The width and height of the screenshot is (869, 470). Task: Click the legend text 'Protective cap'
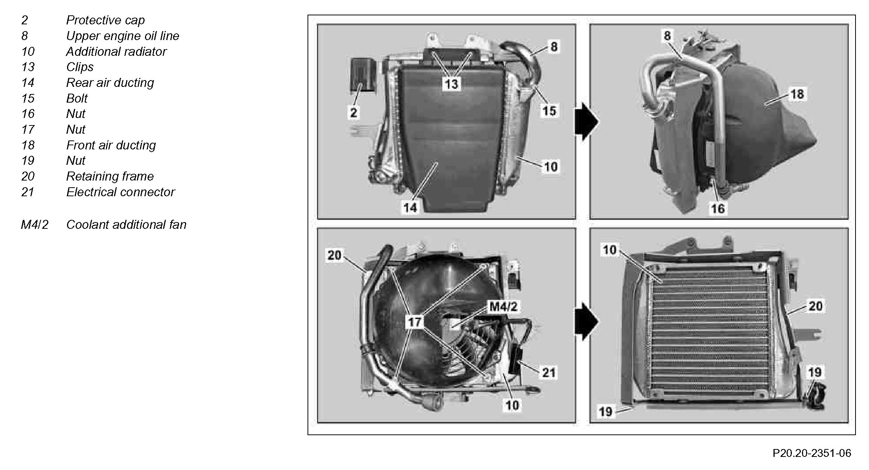[x=105, y=20]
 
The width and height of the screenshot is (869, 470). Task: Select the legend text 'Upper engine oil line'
[x=122, y=36]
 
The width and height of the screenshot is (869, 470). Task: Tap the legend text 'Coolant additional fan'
[x=126, y=225]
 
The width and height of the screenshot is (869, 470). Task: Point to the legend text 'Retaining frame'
[x=110, y=176]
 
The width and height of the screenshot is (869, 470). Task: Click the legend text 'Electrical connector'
[x=120, y=192]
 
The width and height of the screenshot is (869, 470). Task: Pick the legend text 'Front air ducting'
[x=111, y=145]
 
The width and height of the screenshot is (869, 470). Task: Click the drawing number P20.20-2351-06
[x=812, y=453]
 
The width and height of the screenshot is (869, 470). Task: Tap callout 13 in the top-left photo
[x=451, y=84]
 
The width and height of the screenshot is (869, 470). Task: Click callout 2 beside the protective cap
[x=354, y=112]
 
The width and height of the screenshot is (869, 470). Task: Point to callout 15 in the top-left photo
[x=549, y=111]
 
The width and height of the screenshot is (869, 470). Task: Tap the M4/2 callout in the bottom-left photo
[x=504, y=307]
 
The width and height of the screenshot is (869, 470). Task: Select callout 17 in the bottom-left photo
[x=415, y=322]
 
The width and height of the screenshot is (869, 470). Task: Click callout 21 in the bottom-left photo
[x=549, y=373]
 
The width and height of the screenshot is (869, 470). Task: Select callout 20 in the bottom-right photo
[x=815, y=306]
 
